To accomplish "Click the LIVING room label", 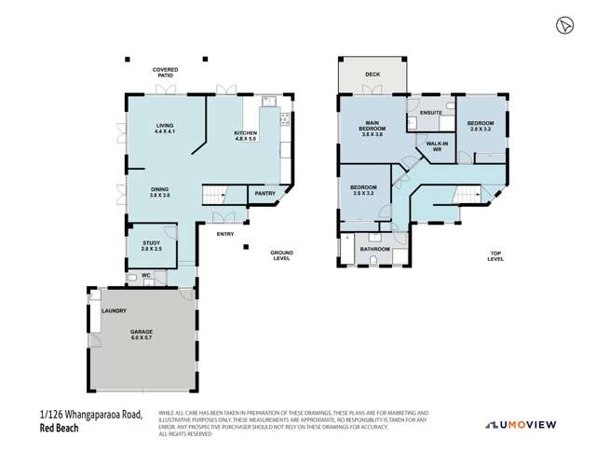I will pos(165,128).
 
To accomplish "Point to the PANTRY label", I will pos(265,194).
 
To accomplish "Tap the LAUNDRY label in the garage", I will pos(114,310).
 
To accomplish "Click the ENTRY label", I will pos(225,234).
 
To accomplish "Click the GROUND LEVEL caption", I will pos(281,255).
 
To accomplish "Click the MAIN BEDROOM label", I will pos(372,127).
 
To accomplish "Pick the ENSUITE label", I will pos(429,113).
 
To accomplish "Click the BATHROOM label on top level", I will pos(374,249).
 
